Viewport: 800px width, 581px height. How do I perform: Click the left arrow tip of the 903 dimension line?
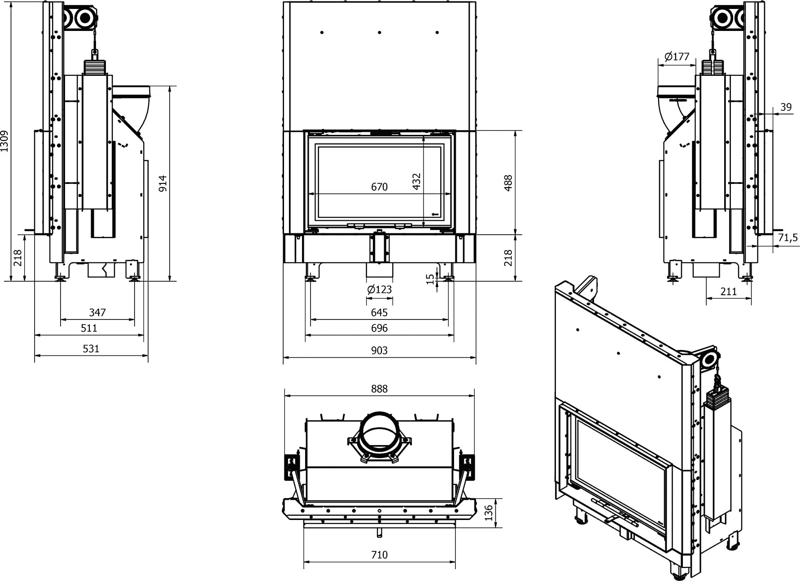[x=283, y=358]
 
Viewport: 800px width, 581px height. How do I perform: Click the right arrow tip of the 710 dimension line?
[x=455, y=562]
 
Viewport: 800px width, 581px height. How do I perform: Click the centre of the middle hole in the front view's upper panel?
[x=380, y=32]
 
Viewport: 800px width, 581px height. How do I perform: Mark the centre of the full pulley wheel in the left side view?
[x=84, y=18]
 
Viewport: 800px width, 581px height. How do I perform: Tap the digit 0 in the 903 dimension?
[x=379, y=350]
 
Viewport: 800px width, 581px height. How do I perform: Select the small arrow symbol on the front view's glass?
[x=434, y=214]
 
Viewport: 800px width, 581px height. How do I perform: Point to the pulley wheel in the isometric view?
[x=708, y=359]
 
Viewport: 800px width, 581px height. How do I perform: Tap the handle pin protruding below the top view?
[x=380, y=532]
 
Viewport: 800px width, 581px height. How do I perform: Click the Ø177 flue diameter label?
[x=676, y=57]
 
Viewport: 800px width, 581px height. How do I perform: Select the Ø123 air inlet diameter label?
[x=380, y=289]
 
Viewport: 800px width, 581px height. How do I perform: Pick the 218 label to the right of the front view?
[x=508, y=258]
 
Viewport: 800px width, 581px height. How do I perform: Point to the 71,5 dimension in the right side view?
[x=788, y=237]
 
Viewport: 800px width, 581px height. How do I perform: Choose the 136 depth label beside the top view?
[x=489, y=512]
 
